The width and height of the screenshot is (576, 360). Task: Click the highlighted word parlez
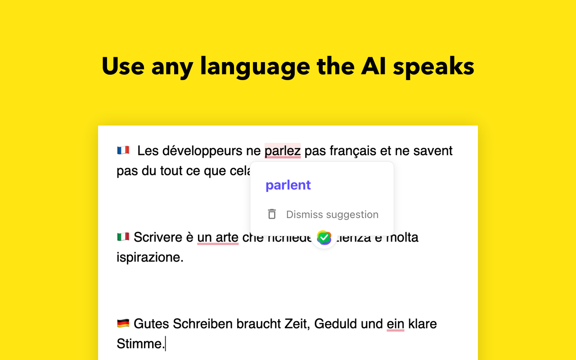click(282, 151)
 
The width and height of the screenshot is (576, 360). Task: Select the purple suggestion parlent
click(288, 185)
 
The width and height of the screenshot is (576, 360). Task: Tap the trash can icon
click(272, 214)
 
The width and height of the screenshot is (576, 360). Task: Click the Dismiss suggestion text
click(332, 215)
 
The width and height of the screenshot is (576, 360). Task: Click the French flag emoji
click(123, 150)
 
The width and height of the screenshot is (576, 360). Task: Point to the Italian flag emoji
click(123, 237)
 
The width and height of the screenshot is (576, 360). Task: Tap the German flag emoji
click(123, 323)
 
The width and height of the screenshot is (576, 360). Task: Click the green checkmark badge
click(324, 237)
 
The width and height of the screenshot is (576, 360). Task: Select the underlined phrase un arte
click(218, 237)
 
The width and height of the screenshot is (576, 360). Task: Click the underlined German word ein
click(395, 324)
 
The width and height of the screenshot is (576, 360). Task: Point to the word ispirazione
click(150, 258)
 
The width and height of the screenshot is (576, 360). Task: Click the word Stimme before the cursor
click(140, 344)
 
